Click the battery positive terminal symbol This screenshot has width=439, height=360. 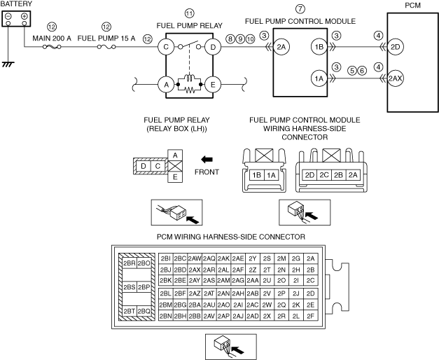(24, 15)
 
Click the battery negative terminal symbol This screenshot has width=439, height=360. (8, 15)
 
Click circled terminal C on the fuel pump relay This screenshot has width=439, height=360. (167, 47)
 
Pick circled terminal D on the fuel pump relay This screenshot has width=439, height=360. (212, 47)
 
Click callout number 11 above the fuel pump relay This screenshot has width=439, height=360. (190, 13)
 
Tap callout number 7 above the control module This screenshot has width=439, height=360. (300, 8)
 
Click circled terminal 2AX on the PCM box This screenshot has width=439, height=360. (395, 79)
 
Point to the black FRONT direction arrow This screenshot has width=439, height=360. (207, 159)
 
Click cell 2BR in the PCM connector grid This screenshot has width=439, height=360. (128, 263)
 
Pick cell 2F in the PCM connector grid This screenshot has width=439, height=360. (311, 316)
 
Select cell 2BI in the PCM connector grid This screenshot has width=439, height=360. (166, 258)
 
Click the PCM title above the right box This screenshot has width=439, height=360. (412, 4)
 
